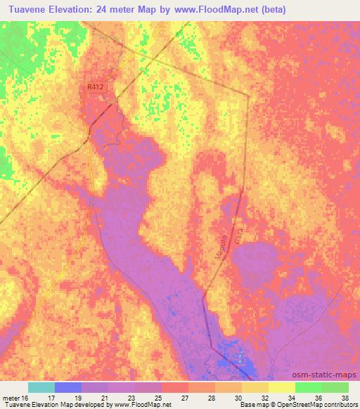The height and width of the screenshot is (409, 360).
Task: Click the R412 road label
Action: pos(96,86)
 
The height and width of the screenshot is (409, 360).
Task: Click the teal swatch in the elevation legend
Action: pos(41,387)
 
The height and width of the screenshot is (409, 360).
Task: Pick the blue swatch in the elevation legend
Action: pos(68,387)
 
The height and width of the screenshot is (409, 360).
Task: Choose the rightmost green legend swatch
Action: pos(335,387)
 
